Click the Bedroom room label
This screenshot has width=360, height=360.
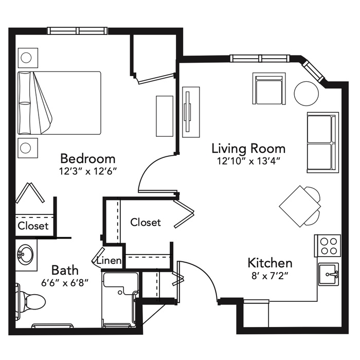click(x=87, y=158)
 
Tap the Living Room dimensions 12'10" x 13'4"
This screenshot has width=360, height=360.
click(x=249, y=161)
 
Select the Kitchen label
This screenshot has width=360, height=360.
click(x=270, y=263)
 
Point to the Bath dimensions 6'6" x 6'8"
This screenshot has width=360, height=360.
click(x=65, y=283)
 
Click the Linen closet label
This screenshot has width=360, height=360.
click(x=109, y=260)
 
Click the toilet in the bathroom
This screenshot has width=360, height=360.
click(x=31, y=301)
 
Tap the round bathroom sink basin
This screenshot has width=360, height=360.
click(x=26, y=255)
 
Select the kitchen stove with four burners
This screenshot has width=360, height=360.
click(x=328, y=246)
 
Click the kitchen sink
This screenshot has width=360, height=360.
click(x=328, y=274)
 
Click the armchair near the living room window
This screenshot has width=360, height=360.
click(x=269, y=88)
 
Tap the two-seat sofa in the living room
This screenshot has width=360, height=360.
click(x=322, y=142)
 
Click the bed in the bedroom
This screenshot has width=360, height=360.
click(x=59, y=103)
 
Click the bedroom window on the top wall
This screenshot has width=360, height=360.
click(x=77, y=31)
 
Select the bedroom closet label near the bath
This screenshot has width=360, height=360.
click(x=33, y=226)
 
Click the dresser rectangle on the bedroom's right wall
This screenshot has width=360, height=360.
click(x=165, y=116)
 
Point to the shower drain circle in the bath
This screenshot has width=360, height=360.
click(x=120, y=293)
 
